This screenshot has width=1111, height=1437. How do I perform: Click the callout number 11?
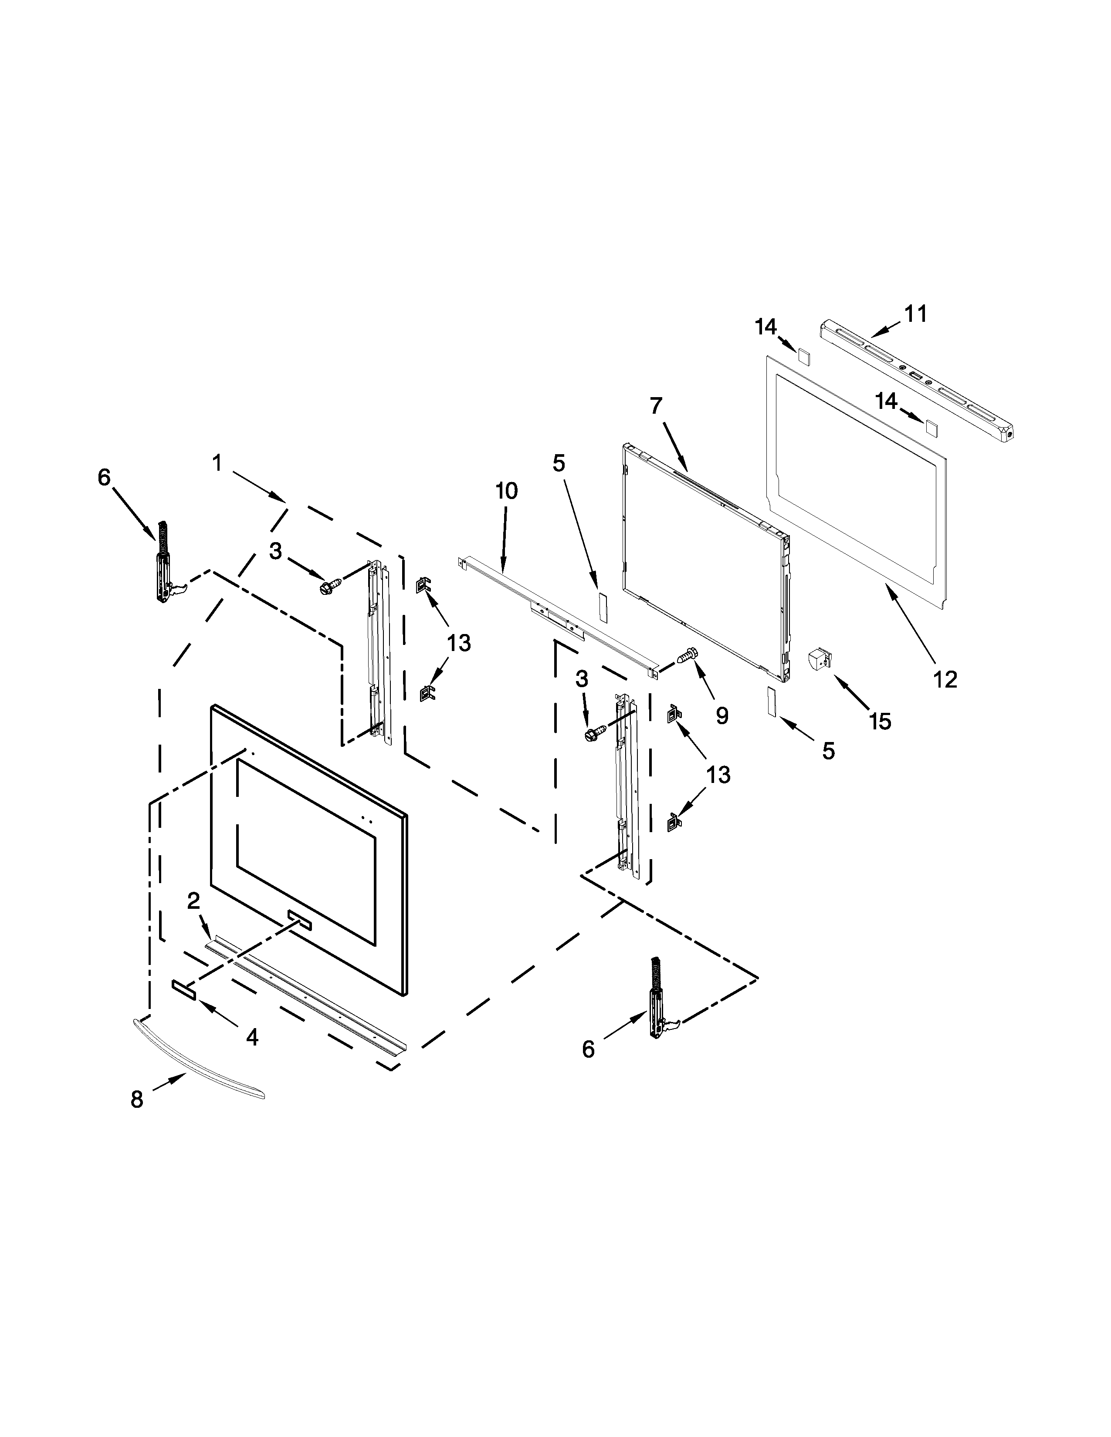pyautogui.click(x=915, y=314)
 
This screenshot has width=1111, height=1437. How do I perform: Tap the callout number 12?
pyautogui.click(x=945, y=678)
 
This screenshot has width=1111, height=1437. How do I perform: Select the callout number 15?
pyautogui.click(x=880, y=722)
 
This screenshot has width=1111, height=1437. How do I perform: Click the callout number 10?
pyautogui.click(x=506, y=491)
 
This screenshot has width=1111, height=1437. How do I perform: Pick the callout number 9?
pyautogui.click(x=722, y=716)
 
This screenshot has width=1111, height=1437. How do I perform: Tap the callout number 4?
pyautogui.click(x=252, y=1038)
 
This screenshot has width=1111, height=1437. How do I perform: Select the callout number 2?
pyautogui.click(x=193, y=901)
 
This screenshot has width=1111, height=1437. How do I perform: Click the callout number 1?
pyautogui.click(x=217, y=463)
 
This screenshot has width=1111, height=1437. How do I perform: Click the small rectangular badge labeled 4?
pyautogui.click(x=182, y=1006)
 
